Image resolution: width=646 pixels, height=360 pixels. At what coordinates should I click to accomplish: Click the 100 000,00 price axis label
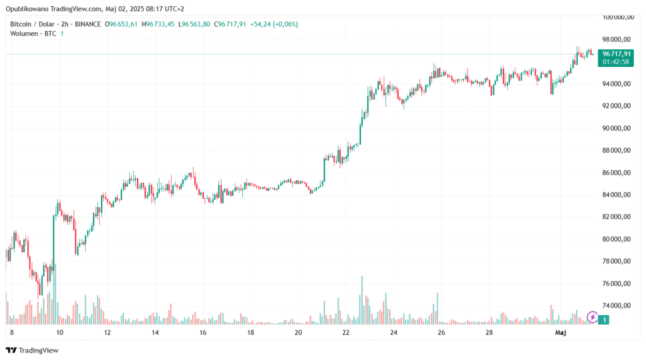pos(616,17)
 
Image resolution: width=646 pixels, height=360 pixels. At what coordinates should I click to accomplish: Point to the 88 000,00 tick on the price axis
pos(616,150)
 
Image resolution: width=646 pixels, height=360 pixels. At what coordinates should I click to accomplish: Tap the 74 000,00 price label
pos(616,306)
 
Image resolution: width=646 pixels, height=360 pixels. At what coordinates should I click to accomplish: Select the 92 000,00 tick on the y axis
pos(616,106)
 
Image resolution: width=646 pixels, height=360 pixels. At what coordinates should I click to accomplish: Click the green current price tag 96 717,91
pos(616,54)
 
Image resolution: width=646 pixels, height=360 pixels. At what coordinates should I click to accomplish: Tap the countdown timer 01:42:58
pos(616,62)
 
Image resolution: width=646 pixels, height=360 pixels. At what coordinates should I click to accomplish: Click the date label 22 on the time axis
pos(346,332)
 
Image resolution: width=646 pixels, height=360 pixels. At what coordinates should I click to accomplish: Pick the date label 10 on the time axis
pos(59,332)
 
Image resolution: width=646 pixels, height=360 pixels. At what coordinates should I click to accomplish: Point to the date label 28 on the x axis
pos(489,332)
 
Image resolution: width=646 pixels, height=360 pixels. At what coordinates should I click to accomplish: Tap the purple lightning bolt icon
pos(592,316)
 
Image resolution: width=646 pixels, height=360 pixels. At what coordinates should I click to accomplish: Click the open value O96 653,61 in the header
pos(124,24)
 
